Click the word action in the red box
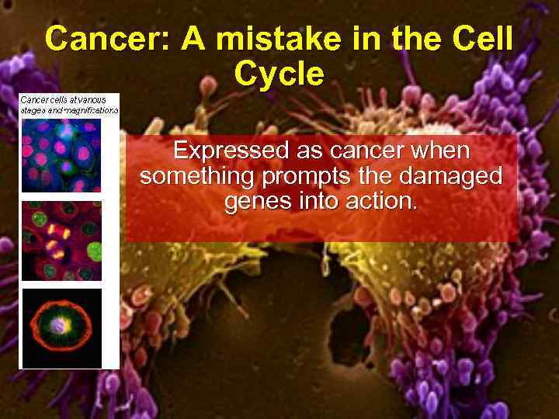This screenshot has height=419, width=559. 383,203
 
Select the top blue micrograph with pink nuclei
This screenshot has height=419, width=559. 61,154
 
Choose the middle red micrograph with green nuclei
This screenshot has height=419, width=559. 61,241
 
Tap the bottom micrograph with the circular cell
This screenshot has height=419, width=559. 61,327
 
